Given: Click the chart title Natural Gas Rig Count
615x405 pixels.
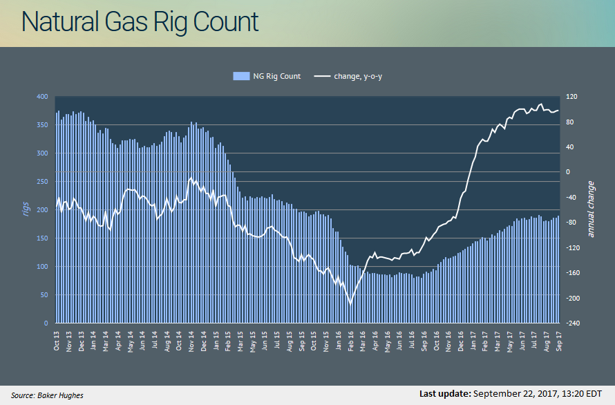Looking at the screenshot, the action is point(140,21).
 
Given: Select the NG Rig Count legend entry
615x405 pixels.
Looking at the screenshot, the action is point(267,76).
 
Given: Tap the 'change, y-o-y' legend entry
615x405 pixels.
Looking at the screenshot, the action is point(348,76).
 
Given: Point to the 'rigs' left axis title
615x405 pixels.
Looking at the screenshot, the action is point(26,209).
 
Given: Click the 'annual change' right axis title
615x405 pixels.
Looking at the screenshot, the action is point(591,209).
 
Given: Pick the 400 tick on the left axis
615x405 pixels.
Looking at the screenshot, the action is point(42,97).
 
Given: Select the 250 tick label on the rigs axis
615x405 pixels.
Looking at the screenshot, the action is point(42,181).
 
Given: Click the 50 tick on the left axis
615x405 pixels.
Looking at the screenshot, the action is point(44,294).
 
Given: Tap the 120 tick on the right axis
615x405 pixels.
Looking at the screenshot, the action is point(571,97).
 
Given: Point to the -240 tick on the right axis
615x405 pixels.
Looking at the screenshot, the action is point(573,323).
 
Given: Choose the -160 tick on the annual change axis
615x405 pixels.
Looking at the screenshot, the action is point(573,273).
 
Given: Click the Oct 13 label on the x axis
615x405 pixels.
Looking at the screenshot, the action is point(57,341).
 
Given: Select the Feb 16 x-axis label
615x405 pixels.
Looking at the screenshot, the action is point(350,341).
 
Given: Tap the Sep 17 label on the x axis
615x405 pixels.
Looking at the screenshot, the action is point(559,341).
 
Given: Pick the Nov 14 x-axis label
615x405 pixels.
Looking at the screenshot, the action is point(191,341).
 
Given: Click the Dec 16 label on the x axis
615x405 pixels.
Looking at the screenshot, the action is point(461,341).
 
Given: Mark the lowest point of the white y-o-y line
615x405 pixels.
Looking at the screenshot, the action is point(350,304).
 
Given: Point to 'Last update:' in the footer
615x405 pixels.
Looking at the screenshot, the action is point(445,393).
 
